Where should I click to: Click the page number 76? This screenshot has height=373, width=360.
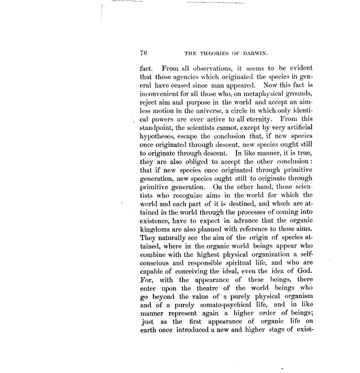(x=145, y=53)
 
